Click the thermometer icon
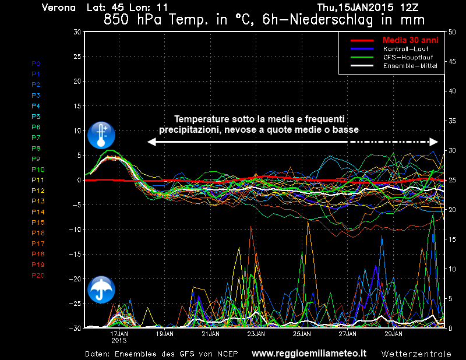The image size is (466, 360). tap(101, 135)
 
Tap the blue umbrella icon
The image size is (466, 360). tap(101, 289)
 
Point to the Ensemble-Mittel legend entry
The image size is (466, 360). tap(409, 66)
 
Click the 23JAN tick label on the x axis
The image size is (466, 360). tap(256, 334)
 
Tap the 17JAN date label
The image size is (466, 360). tap(119, 334)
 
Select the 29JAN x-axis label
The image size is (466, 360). tap(393, 334)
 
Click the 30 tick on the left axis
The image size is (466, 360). tap(77, 31)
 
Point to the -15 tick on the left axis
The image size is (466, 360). tap(75, 255)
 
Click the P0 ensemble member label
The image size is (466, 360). tap(36, 63)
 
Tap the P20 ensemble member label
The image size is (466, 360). tap(38, 276)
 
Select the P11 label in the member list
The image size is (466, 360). tap(38, 180)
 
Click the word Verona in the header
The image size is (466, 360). tap(58, 8)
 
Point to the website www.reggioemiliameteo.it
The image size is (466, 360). tap(309, 353)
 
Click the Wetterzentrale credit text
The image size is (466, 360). tap(416, 354)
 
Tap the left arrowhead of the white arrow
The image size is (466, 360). tap(151, 142)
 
